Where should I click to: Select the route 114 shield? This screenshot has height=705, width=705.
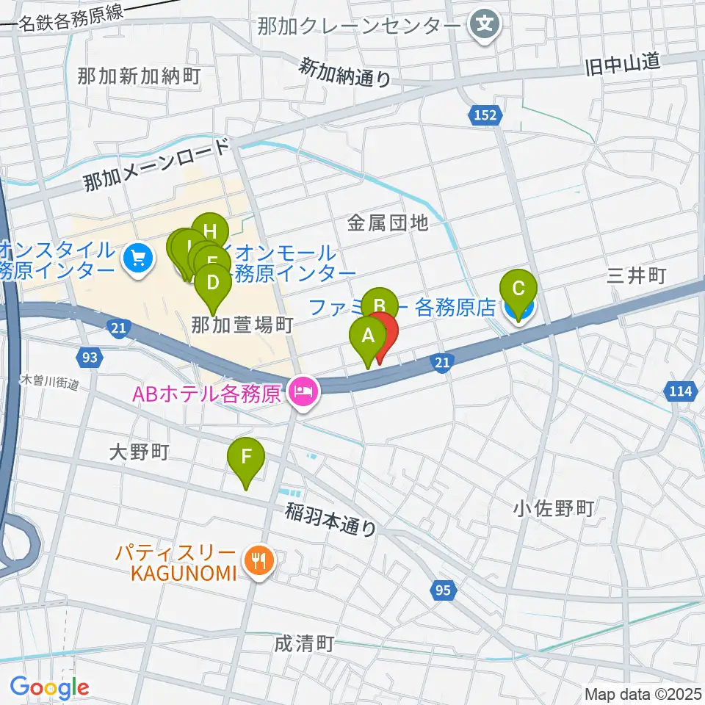(x=681, y=391)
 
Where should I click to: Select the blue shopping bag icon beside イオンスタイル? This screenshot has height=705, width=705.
(x=137, y=258)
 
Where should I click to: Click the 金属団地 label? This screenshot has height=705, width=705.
(x=388, y=223)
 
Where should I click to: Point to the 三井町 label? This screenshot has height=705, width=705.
(x=636, y=276)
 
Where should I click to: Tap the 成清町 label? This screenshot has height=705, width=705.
(x=304, y=644)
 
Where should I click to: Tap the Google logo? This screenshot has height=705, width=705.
(x=49, y=687)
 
